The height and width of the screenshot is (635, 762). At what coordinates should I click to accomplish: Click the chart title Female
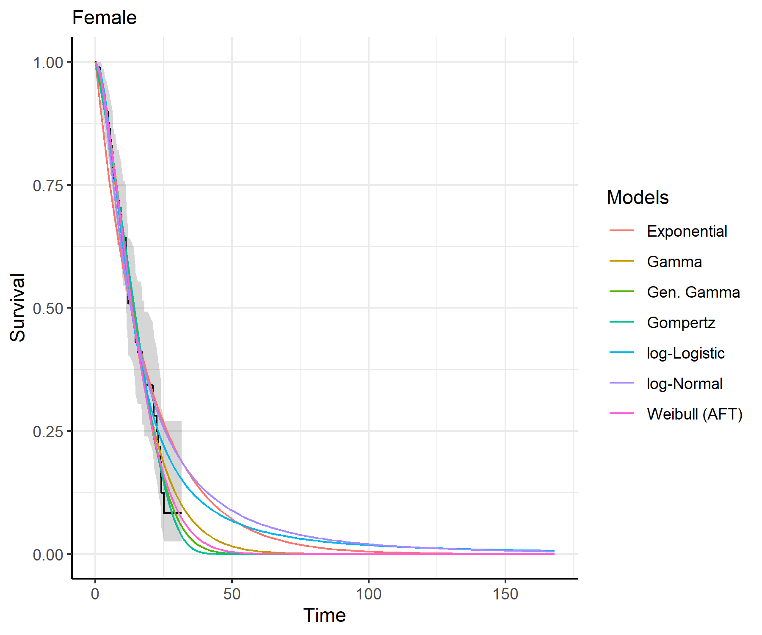tap(104, 18)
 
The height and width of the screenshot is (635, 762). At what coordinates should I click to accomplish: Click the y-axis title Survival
tap(18, 307)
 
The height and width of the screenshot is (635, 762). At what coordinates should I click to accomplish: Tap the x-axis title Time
tap(324, 615)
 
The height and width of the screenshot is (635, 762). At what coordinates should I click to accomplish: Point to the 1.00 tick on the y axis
tap(48, 63)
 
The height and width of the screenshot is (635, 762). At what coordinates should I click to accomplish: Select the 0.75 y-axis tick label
tap(48, 185)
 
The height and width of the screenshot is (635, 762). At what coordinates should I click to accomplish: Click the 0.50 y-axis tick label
tap(48, 308)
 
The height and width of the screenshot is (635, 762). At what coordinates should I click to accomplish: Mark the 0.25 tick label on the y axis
tap(48, 431)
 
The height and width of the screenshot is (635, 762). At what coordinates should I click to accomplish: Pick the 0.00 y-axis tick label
tap(48, 555)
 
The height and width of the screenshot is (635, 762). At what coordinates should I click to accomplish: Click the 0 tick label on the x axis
tap(95, 594)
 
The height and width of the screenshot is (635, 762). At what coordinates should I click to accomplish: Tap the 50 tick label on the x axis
tap(232, 594)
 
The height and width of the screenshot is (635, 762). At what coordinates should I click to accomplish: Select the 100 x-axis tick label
tap(368, 594)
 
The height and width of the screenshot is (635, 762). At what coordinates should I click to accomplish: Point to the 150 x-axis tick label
tap(505, 594)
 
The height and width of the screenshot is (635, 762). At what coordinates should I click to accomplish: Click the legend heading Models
tap(638, 198)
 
